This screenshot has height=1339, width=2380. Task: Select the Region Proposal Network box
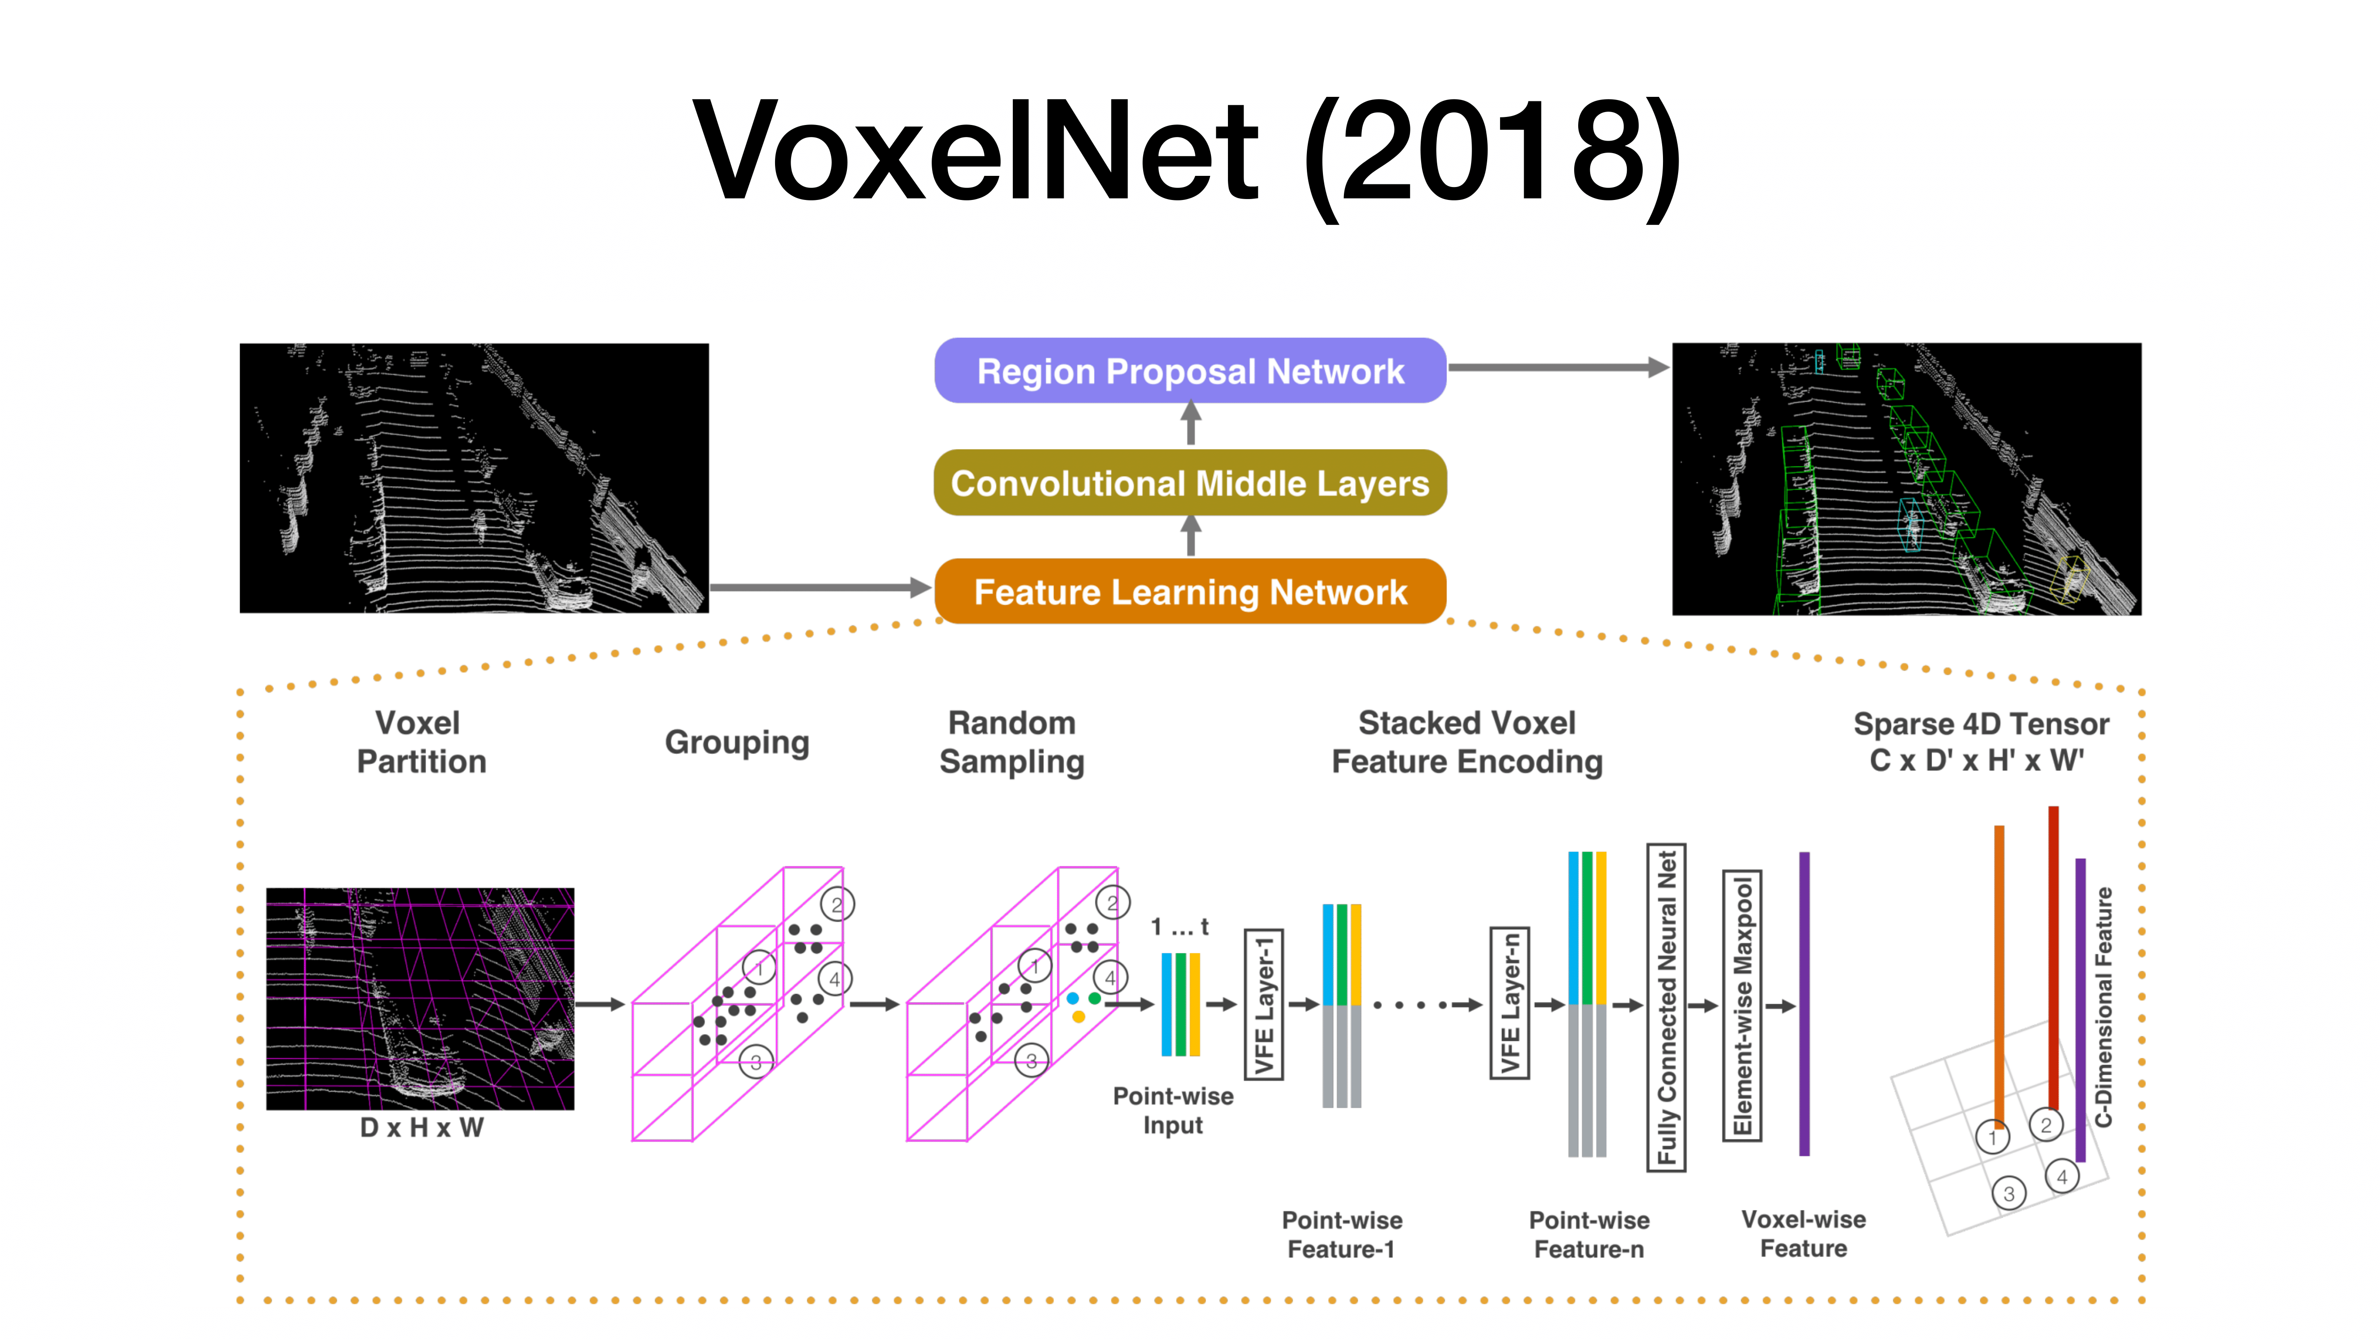coord(1190,370)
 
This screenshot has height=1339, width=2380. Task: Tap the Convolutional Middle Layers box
coord(1190,482)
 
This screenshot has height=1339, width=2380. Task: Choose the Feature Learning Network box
coord(1190,591)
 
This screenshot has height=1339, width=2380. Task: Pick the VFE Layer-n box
coord(1509,1005)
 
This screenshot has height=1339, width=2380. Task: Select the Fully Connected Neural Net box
coord(1667,1007)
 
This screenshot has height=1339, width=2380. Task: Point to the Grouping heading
coord(736,742)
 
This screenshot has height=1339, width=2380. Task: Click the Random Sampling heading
coord(1012,742)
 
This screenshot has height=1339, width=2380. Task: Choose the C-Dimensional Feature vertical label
coord(2104,1007)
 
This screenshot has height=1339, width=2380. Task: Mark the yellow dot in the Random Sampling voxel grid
coord(1078,1016)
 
